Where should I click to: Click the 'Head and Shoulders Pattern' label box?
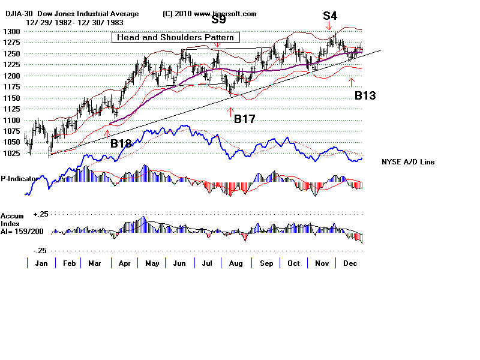coord(176,37)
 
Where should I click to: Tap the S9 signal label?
coord(218,20)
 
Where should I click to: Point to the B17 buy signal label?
coord(245,119)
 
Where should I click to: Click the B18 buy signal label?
coord(121,143)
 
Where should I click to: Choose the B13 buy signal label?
coord(365,95)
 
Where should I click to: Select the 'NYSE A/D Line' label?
coord(408,162)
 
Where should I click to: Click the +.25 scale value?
coord(41,214)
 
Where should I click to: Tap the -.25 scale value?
coord(40,251)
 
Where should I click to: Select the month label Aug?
coord(236,263)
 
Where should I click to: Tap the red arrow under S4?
coord(329,26)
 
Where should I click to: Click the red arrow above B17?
coord(230,111)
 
